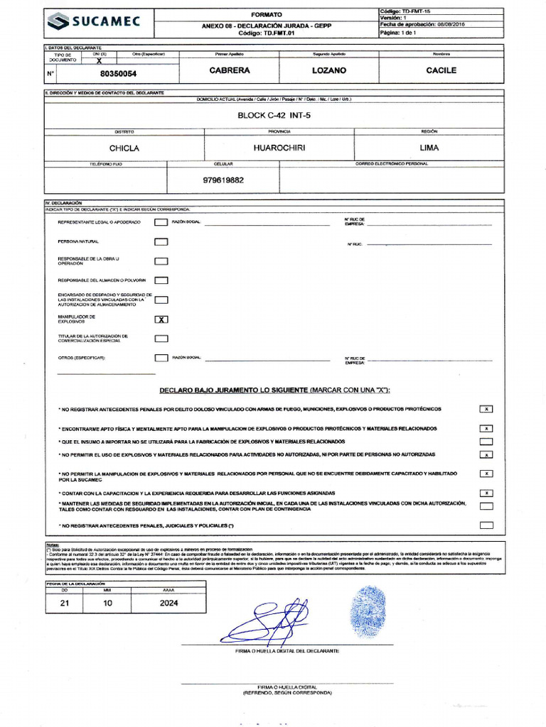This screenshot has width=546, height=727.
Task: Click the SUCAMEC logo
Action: tap(93, 23)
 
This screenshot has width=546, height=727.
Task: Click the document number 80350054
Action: tap(119, 73)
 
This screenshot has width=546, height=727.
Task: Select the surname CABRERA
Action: tap(230, 71)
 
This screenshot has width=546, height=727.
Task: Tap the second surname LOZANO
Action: tap(329, 71)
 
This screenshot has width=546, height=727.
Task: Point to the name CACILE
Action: tap(441, 71)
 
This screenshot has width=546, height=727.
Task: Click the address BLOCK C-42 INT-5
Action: tap(274, 115)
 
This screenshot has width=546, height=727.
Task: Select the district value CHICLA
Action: tap(124, 148)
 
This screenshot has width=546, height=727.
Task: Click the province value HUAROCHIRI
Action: tap(279, 148)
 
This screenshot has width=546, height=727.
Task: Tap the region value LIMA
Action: tap(429, 148)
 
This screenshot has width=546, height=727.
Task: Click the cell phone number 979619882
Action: tap(223, 180)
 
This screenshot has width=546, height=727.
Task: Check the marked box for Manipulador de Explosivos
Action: tap(161, 319)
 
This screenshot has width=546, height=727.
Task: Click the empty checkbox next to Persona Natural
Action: tap(161, 242)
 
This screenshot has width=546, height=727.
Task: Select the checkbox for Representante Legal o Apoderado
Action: tap(161, 222)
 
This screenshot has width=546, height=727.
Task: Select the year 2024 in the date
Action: tap(169, 603)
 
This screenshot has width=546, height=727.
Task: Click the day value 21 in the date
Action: tap(65, 603)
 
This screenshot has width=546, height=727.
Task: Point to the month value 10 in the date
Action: tap(107, 603)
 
